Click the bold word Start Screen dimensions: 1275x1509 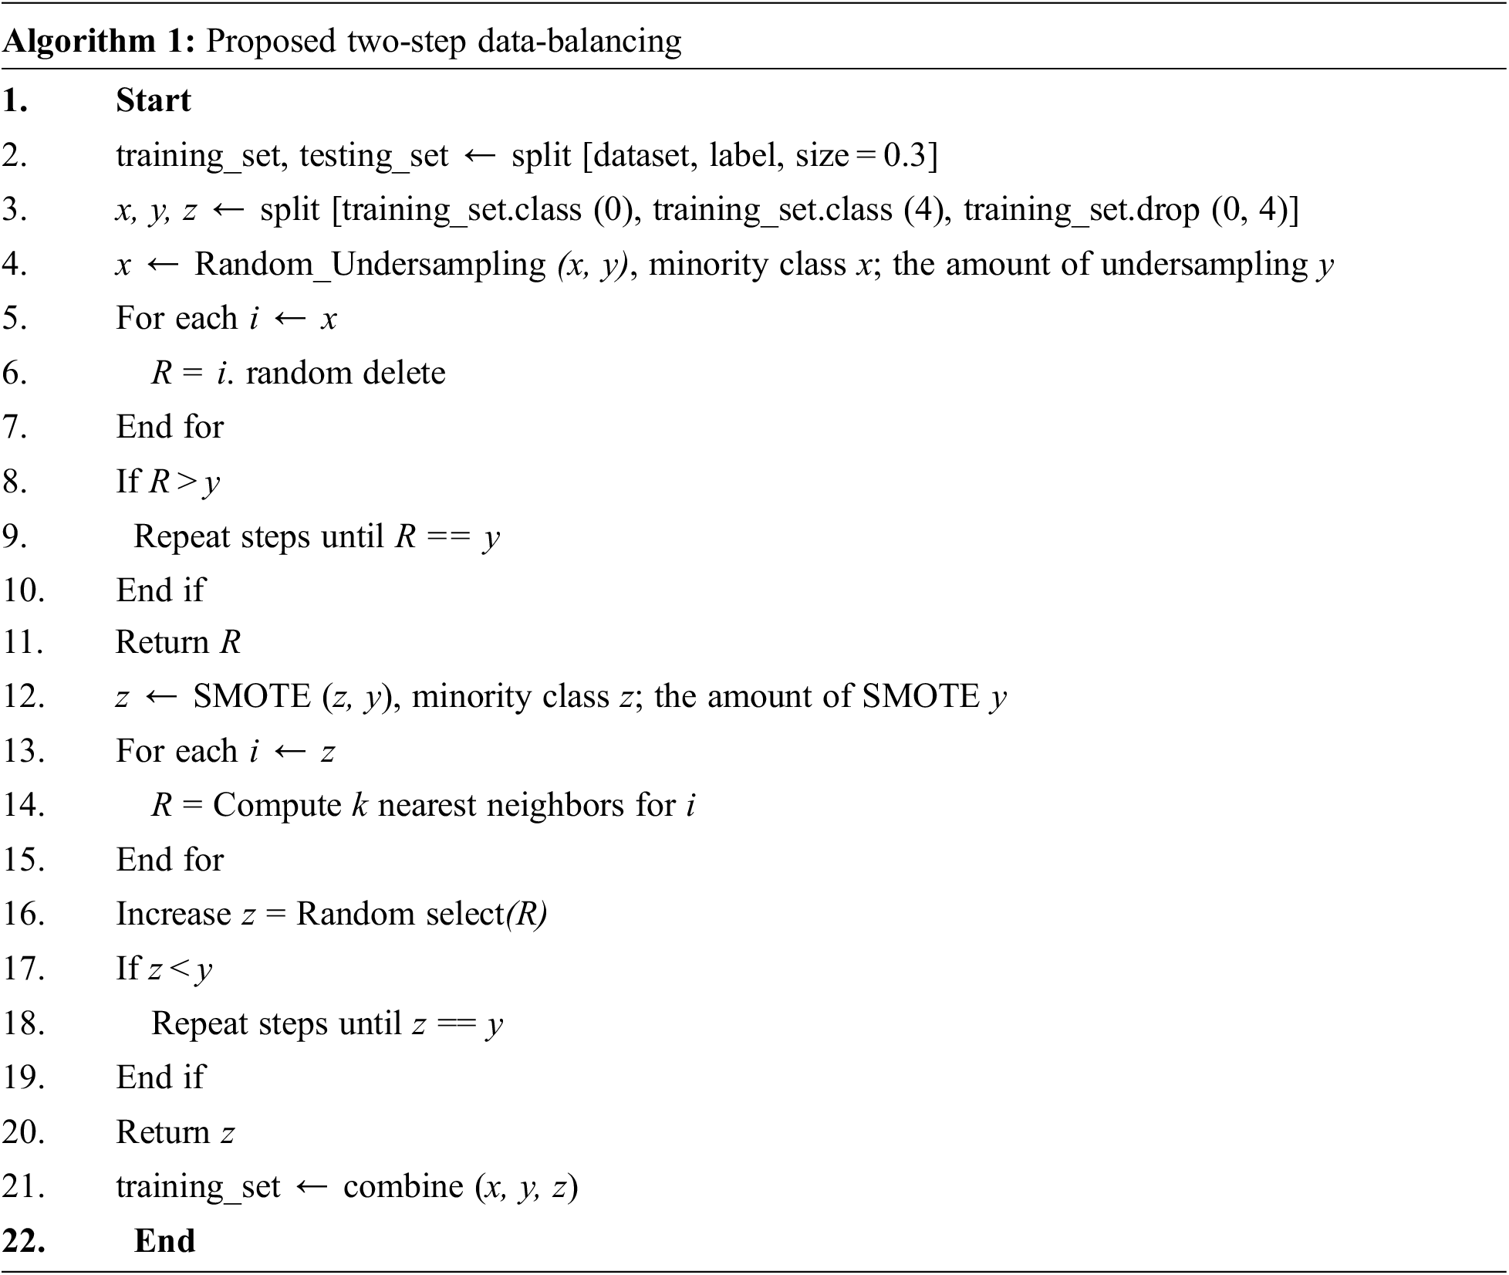(153, 100)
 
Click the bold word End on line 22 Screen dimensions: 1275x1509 (164, 1241)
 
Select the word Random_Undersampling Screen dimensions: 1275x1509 (370, 264)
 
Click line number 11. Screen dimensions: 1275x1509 (23, 642)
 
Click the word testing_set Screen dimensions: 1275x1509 (373, 157)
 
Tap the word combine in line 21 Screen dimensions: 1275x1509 (403, 1186)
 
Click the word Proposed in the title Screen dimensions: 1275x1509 (271, 41)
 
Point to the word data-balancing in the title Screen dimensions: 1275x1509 (579, 41)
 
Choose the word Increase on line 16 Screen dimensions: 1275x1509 (173, 914)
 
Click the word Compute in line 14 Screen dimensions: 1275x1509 (277, 806)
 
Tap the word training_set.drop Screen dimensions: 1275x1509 (1081, 210)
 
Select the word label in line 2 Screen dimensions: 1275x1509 (744, 155)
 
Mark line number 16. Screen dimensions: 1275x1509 (23, 914)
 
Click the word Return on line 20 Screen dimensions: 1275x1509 (163, 1132)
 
